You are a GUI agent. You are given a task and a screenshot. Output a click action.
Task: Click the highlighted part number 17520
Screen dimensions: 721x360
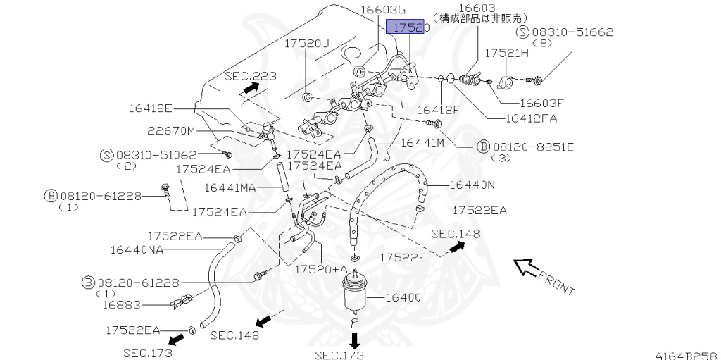tap(408, 28)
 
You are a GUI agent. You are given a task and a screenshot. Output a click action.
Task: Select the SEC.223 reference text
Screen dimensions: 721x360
tap(251, 75)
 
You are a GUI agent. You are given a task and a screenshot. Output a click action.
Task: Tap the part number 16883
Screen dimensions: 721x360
tap(121, 305)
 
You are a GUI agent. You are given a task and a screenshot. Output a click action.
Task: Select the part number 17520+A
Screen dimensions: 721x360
tap(321, 270)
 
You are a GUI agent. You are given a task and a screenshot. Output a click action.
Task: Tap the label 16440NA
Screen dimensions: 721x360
tap(137, 249)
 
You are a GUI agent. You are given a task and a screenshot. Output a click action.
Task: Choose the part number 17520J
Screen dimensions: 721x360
tap(307, 43)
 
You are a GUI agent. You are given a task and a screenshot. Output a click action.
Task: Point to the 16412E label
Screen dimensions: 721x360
tap(151, 108)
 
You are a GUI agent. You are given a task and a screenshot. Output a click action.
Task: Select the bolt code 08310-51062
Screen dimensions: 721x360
tap(158, 154)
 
